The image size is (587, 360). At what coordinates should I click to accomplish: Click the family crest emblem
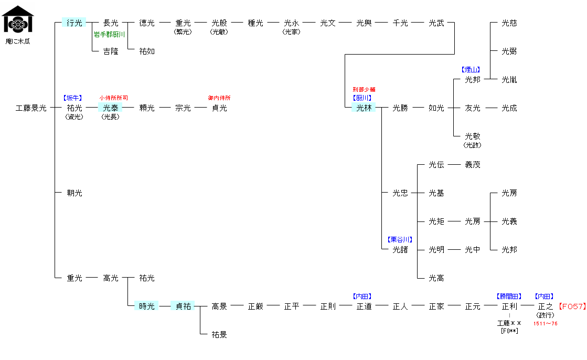18,19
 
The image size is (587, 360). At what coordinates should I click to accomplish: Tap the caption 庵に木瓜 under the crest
18,41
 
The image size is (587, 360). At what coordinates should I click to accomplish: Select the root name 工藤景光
31,108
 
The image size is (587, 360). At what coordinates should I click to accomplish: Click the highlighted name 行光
74,23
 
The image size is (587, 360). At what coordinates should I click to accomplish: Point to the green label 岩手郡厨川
109,35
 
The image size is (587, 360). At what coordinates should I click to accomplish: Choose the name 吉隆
111,51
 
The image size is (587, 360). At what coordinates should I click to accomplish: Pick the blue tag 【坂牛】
72,98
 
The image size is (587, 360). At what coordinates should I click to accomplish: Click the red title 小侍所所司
113,98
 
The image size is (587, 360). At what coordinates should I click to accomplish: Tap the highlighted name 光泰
111,108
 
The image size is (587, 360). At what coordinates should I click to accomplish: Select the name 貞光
219,108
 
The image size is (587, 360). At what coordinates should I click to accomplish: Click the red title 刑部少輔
364,90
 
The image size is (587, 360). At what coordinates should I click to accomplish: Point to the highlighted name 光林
364,108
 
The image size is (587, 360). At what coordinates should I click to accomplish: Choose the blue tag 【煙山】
471,70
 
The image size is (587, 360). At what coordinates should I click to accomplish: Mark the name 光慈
509,23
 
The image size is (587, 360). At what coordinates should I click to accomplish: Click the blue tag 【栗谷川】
400,240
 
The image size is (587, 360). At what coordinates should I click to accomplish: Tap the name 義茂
473,165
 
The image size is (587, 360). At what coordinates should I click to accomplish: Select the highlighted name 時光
147,306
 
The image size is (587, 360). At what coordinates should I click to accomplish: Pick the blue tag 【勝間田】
509,297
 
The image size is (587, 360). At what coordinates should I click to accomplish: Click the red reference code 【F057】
572,306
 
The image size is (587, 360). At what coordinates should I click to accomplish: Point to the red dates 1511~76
546,324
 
